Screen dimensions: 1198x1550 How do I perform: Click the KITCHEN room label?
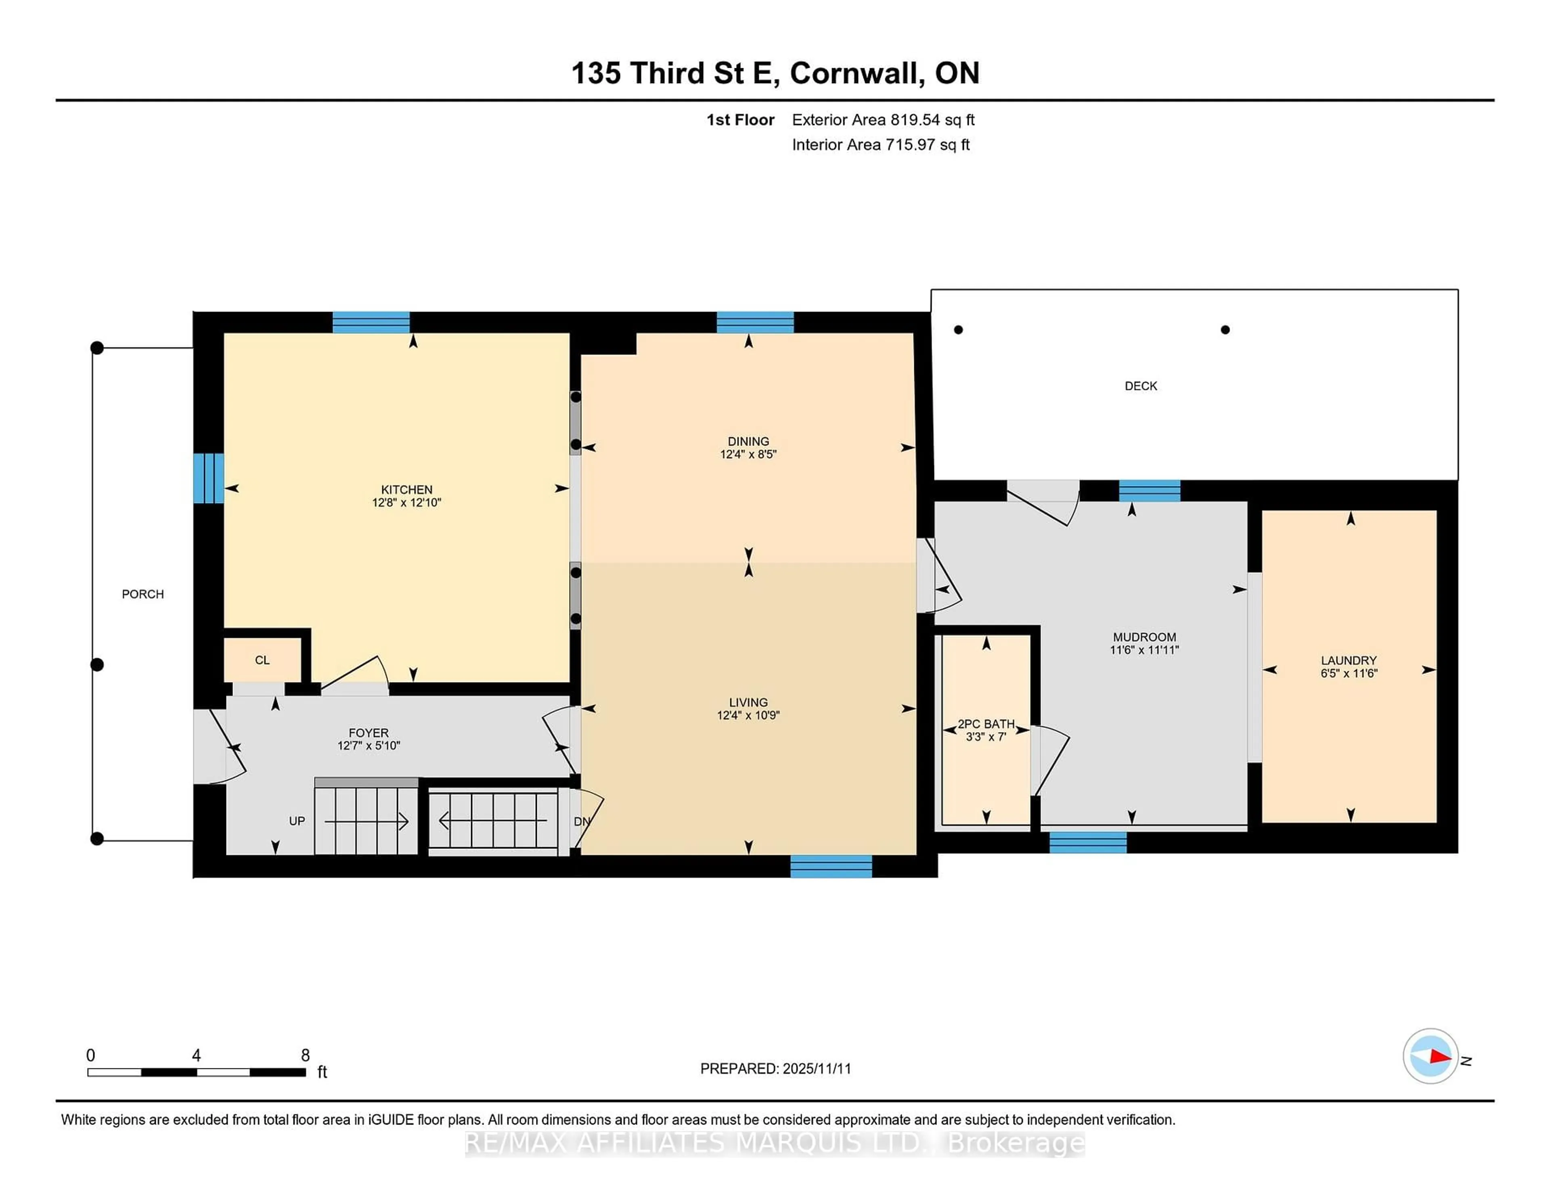click(x=406, y=489)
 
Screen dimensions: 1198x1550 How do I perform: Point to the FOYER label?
click(x=369, y=733)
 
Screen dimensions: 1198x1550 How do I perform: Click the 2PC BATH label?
click(x=986, y=724)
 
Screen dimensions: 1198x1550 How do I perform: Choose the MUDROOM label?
click(x=1144, y=637)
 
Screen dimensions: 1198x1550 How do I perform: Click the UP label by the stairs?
click(x=297, y=821)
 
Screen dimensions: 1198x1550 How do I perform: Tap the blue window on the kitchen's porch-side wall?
click(x=209, y=478)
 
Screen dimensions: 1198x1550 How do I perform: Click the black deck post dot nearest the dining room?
click(x=958, y=329)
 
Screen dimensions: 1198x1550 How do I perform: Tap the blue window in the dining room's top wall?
click(x=755, y=322)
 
